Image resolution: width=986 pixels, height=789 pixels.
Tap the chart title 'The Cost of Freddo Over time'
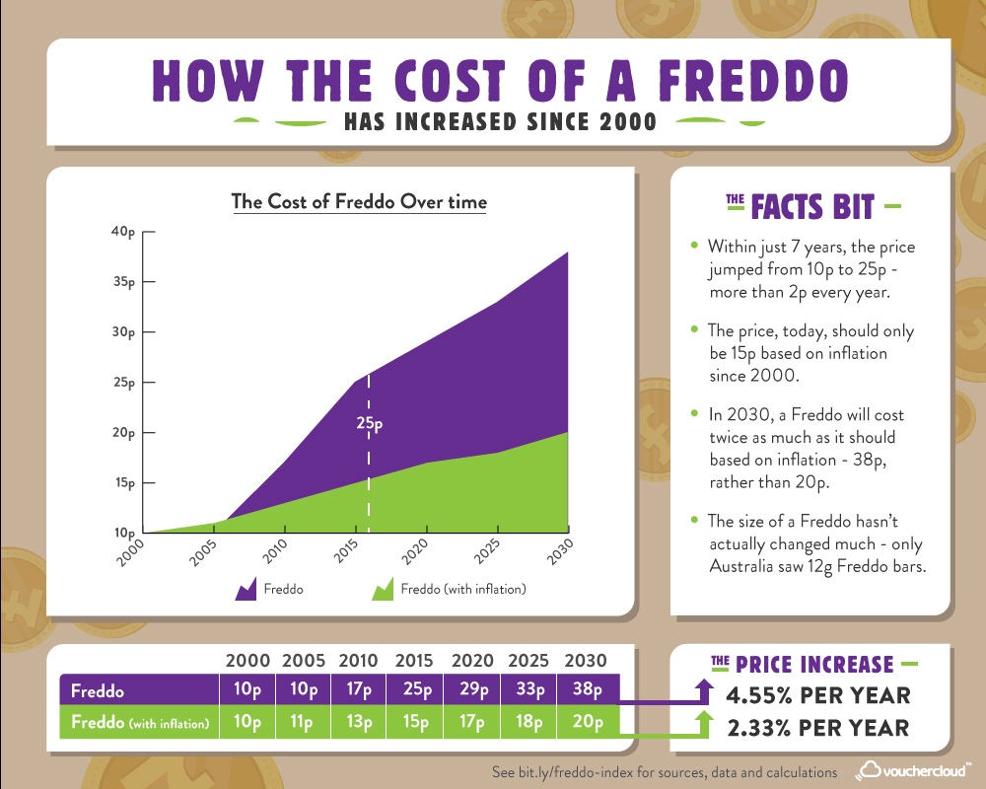[x=359, y=202]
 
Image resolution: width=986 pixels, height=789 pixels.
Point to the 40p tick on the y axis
[x=122, y=232]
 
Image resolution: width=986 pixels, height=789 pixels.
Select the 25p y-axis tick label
[x=122, y=383]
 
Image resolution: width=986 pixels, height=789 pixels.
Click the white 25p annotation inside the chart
[x=369, y=424]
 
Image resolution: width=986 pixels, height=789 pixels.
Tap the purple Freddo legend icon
[x=245, y=591]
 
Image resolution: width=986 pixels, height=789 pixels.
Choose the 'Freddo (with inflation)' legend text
[x=462, y=591]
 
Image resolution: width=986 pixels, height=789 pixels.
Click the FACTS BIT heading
[x=812, y=207]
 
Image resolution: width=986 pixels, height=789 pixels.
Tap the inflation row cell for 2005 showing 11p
[x=301, y=723]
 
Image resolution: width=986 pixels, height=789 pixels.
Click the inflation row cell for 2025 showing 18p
[x=529, y=723]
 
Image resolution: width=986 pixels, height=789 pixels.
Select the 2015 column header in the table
[x=415, y=660]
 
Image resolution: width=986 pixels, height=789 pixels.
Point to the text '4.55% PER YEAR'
[x=817, y=695]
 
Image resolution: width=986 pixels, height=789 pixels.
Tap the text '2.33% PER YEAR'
[x=817, y=728]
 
